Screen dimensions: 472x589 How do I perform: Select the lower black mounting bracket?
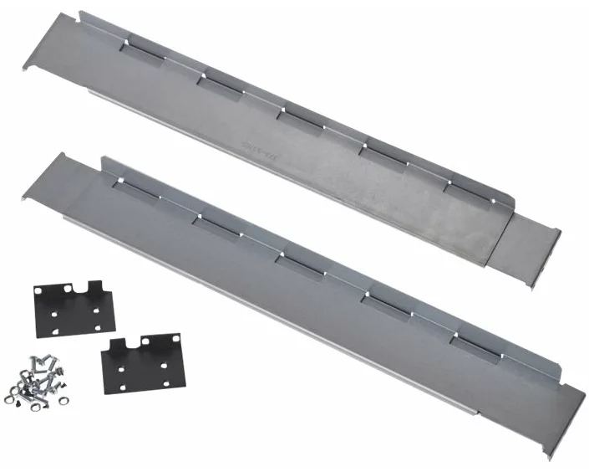[138, 362]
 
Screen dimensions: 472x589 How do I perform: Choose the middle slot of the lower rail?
[301, 264]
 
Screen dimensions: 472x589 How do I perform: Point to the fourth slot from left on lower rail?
[388, 302]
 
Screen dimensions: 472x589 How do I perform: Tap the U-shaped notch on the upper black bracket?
[84, 290]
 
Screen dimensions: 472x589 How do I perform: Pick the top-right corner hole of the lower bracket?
[169, 344]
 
